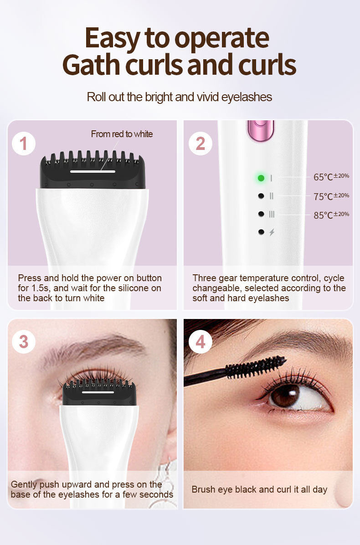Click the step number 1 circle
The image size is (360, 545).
(24, 144)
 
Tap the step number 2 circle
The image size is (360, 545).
(201, 144)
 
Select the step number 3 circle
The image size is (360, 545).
(24, 342)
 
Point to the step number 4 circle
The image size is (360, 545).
(201, 342)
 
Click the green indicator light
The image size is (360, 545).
(261, 178)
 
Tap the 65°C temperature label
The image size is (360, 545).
(331, 177)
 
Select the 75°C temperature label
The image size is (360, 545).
(331, 196)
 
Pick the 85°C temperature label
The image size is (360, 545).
(331, 215)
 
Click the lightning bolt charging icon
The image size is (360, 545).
(272, 232)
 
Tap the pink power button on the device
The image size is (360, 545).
(260, 130)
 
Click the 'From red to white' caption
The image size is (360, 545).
(122, 134)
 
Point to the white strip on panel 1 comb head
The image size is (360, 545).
(93, 171)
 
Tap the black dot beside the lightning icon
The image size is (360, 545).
(261, 232)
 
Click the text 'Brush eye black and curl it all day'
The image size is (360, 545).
(259, 489)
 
